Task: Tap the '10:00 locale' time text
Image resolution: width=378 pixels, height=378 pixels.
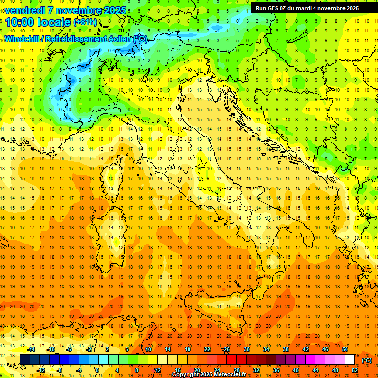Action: click(38, 22)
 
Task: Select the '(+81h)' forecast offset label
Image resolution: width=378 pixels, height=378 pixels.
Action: click(85, 22)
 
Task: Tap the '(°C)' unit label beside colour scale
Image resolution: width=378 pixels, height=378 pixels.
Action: click(367, 360)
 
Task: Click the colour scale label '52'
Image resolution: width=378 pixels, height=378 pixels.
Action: click(355, 370)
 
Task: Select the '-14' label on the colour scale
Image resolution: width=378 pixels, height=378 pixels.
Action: click(32, 349)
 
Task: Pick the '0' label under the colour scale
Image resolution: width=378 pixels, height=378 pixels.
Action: click(97, 370)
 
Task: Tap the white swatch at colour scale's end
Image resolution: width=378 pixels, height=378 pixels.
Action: click(350, 360)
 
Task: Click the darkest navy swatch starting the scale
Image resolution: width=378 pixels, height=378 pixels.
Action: click(25, 360)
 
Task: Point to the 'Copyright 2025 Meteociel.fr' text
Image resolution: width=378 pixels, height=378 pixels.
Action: click(209, 375)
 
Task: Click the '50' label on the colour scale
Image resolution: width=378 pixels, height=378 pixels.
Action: click(345, 349)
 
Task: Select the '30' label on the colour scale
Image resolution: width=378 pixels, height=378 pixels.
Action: click(246, 349)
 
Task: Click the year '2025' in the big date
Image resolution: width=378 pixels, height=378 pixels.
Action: click(111, 10)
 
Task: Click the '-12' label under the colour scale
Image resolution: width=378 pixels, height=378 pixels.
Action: click(42, 370)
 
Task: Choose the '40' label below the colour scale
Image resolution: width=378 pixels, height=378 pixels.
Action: click(295, 370)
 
